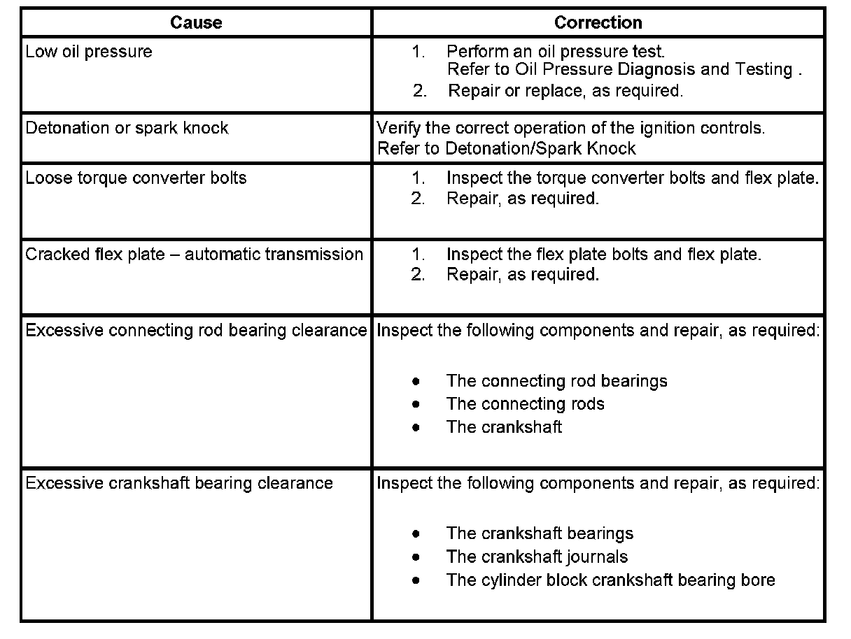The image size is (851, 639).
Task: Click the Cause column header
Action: (196, 22)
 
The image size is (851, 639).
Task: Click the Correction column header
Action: (598, 22)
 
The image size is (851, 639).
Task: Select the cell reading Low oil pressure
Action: (89, 52)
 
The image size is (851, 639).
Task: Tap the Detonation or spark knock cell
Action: (127, 128)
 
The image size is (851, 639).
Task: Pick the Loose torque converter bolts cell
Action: (136, 178)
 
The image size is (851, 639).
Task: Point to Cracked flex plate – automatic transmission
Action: (194, 254)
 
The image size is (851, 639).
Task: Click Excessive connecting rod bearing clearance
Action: (196, 330)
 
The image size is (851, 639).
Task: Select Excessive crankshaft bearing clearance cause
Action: (179, 483)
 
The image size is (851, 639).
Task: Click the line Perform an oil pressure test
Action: (556, 52)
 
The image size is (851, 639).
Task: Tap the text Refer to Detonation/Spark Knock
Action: (506, 148)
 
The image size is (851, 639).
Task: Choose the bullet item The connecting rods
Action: (525, 404)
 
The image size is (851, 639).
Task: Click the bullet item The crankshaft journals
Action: (537, 557)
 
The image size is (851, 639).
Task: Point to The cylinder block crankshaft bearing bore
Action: (610, 580)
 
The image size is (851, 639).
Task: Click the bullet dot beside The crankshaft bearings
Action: (416, 534)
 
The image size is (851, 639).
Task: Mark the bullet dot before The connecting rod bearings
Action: (416, 382)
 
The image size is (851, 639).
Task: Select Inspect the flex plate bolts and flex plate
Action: (603, 254)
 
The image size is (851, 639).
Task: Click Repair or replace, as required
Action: (565, 90)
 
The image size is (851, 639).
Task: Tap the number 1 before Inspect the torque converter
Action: (419, 178)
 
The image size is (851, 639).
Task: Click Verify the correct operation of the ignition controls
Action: (570, 128)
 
